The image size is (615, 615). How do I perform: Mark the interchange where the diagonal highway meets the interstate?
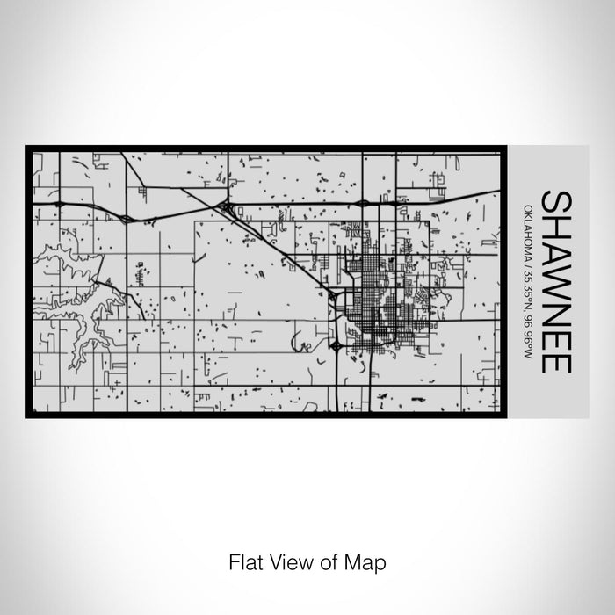[x=228, y=209]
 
